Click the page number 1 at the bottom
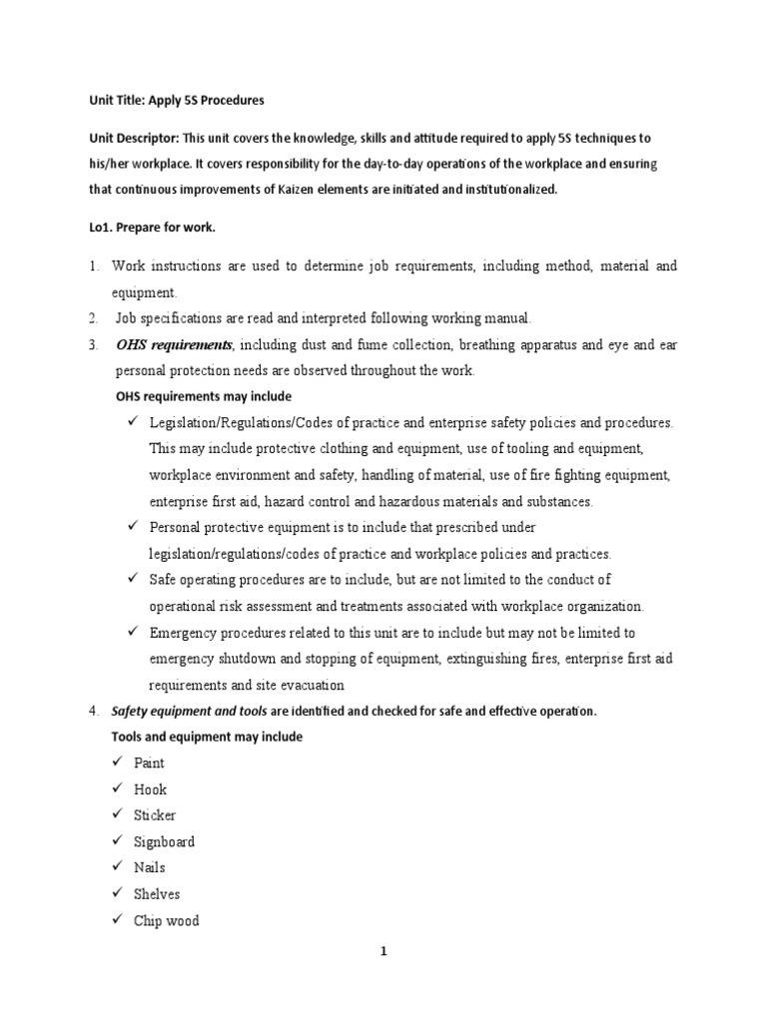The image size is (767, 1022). [x=383, y=952]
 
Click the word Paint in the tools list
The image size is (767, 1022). [x=149, y=764]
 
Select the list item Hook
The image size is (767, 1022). [x=150, y=789]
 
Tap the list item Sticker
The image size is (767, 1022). [x=155, y=815]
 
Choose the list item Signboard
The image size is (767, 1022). [x=164, y=842]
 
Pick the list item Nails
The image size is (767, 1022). [x=150, y=868]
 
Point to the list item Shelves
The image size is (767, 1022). [x=157, y=894]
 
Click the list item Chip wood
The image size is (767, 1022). [x=166, y=921]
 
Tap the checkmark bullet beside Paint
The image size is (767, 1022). [x=117, y=764]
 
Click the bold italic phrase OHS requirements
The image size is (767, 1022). [x=174, y=345]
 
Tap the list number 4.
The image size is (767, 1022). [x=92, y=711]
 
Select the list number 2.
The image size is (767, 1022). [x=92, y=318]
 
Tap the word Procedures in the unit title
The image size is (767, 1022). [x=234, y=100]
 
